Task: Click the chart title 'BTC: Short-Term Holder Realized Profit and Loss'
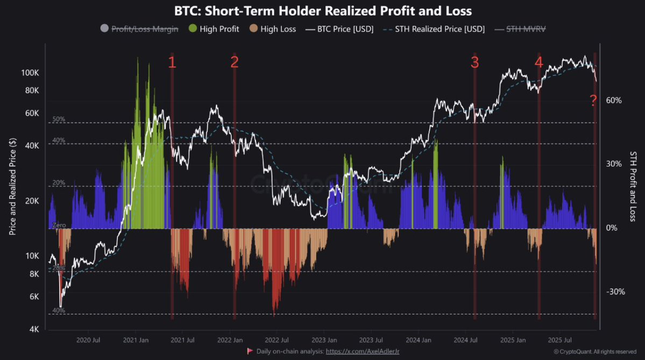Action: click(x=322, y=10)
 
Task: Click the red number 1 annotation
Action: click(x=172, y=62)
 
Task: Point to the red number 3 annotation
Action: click(x=474, y=62)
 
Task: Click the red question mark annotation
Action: click(x=593, y=100)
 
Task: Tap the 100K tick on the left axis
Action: click(x=30, y=73)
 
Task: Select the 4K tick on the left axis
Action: click(x=34, y=329)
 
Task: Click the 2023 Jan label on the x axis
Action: click(x=324, y=340)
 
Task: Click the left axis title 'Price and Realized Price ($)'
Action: click(x=12, y=186)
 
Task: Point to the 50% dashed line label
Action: click(x=59, y=119)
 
